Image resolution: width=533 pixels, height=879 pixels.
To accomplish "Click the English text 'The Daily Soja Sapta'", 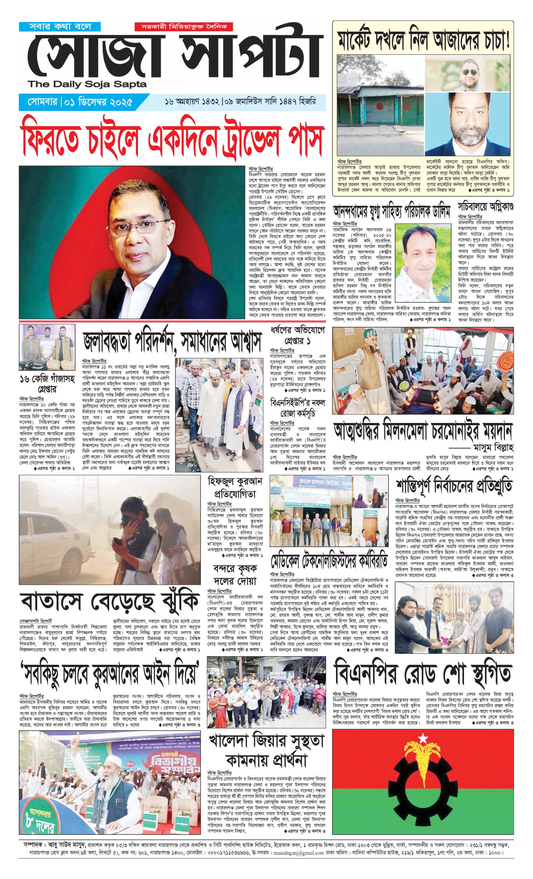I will click(x=88, y=84).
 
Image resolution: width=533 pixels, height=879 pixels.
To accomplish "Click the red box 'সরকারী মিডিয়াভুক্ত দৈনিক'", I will click(x=184, y=27).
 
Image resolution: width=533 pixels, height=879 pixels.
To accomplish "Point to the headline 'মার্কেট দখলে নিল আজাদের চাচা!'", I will click(x=423, y=39).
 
